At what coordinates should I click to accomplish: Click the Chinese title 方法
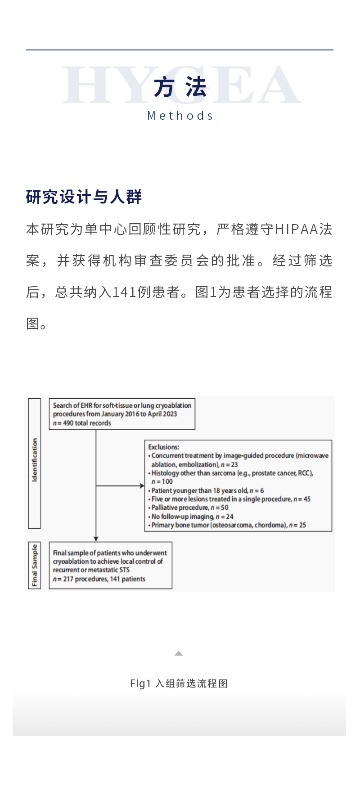(180, 87)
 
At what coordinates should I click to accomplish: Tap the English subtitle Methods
(180, 116)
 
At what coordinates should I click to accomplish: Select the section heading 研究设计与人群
(84, 197)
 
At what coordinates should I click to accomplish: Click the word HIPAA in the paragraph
(297, 229)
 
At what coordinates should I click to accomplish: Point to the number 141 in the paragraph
(125, 292)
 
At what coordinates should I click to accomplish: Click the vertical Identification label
(35, 461)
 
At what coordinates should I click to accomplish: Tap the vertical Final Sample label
(35, 565)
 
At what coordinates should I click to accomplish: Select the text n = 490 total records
(82, 423)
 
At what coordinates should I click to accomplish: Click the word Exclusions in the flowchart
(163, 447)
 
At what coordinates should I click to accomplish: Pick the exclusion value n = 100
(162, 481)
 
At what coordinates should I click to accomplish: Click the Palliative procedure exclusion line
(189, 508)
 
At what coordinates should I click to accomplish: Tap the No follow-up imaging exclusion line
(192, 517)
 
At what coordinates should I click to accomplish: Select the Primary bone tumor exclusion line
(228, 525)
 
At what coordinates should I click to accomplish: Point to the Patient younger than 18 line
(207, 490)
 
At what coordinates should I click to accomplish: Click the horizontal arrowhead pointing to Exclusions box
(142, 486)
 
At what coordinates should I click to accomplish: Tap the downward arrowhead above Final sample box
(96, 539)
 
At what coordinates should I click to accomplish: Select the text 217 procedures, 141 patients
(99, 579)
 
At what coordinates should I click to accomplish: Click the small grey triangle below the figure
(179, 653)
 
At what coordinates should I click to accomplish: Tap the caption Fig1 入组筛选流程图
(179, 684)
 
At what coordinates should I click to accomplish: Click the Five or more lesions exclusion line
(231, 499)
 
